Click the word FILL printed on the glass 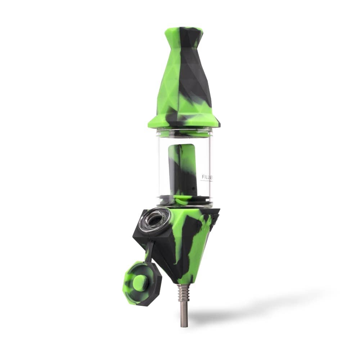coord(206,177)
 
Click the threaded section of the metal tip coord(184,292)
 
